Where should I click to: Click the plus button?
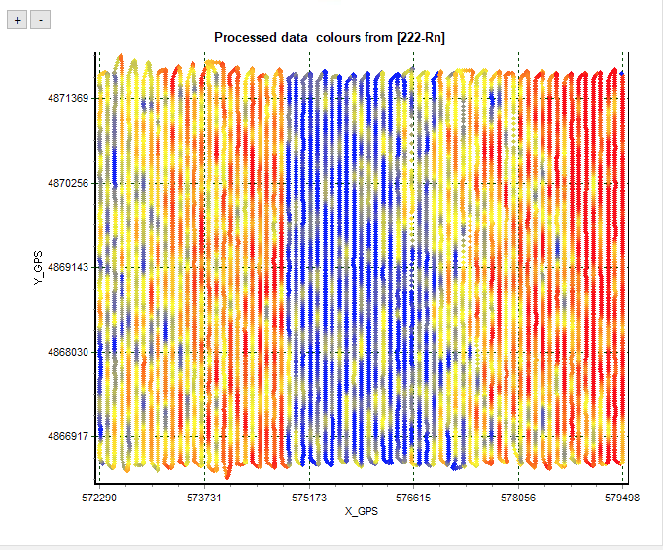coord(17,19)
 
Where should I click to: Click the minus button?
coord(40,19)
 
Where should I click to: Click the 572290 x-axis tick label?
coord(99,496)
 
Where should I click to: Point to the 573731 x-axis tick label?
coord(204,496)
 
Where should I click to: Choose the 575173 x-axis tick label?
coord(309,496)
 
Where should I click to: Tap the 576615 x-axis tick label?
coord(413,496)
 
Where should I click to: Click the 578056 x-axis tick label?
coord(518,496)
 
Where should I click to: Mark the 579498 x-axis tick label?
coord(622,496)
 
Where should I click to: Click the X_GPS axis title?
coord(361,510)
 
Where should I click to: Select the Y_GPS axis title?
coord(37,267)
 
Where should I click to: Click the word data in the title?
coord(290,38)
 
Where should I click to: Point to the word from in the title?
coord(366,38)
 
